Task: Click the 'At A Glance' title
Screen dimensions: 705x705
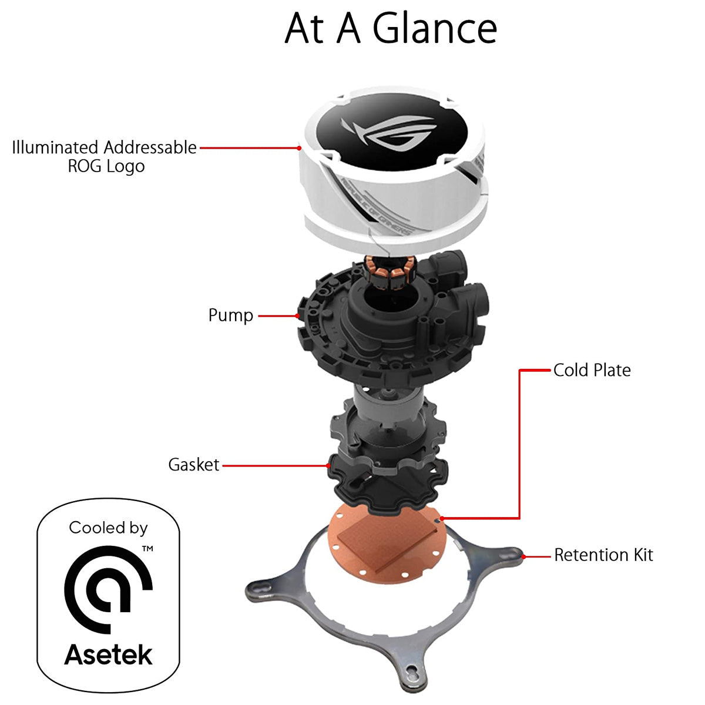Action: [x=391, y=28]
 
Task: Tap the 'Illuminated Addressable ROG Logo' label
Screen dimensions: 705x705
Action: [x=105, y=156]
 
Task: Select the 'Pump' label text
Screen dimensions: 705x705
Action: [x=231, y=315]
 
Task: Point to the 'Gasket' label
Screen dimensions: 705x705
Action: [x=194, y=465]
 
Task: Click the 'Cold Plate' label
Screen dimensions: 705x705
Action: [x=592, y=370]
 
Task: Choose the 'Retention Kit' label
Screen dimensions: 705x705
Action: [x=603, y=555]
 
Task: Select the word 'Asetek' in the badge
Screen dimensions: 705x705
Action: [x=108, y=654]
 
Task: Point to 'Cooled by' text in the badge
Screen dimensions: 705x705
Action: [x=108, y=528]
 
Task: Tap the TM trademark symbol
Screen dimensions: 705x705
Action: [x=147, y=549]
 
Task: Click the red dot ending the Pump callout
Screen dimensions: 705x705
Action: [x=298, y=316]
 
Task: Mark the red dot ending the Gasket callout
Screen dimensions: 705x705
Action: [x=328, y=466]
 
